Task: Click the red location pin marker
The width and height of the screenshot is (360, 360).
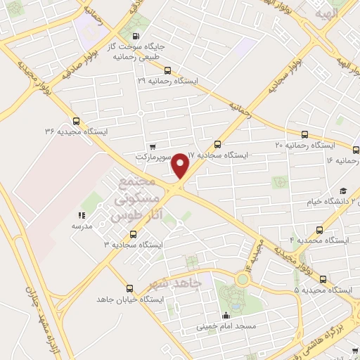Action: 181,166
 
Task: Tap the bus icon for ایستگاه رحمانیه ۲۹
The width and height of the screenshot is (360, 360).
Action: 167,70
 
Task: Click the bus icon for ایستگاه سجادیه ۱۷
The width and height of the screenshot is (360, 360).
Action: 217,143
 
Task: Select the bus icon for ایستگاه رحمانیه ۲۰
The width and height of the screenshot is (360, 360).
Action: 304,134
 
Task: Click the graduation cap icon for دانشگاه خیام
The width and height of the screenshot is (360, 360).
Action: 343,191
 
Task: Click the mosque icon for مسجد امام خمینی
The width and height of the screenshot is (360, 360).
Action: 225,315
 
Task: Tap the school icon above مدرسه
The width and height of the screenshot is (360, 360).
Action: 81,216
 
